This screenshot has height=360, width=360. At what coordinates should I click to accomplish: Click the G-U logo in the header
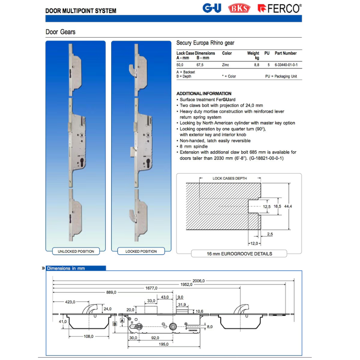(212, 8)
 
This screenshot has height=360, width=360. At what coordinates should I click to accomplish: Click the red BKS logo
(239, 8)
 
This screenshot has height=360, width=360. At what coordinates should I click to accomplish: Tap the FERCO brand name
(283, 9)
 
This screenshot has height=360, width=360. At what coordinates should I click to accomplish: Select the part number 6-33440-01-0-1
(286, 65)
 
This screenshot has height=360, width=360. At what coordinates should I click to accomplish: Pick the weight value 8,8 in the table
(256, 65)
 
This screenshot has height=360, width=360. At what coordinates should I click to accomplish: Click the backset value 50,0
(180, 65)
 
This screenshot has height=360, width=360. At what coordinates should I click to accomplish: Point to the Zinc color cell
(226, 65)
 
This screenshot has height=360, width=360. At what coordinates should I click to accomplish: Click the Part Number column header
(286, 53)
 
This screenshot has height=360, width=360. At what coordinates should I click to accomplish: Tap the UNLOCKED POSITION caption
(76, 252)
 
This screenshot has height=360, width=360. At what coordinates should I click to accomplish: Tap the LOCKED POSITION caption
(141, 252)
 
